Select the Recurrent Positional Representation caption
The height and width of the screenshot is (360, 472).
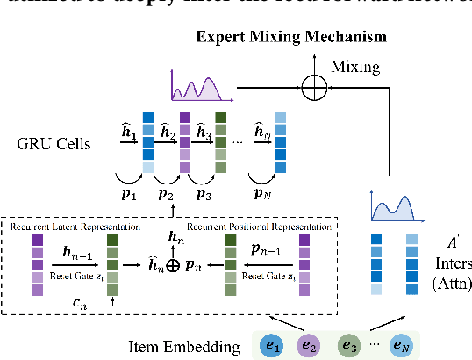pos(257,227)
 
